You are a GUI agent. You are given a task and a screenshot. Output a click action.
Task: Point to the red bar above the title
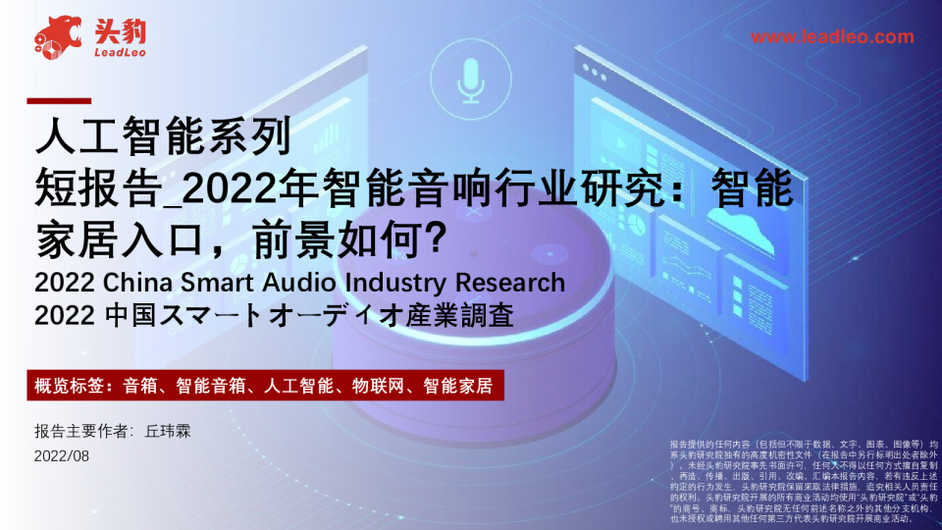58,101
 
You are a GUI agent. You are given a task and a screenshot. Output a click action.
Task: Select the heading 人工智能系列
162,136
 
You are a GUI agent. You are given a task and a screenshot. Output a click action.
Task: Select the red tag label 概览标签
72,385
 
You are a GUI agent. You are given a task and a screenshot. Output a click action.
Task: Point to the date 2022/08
61,455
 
